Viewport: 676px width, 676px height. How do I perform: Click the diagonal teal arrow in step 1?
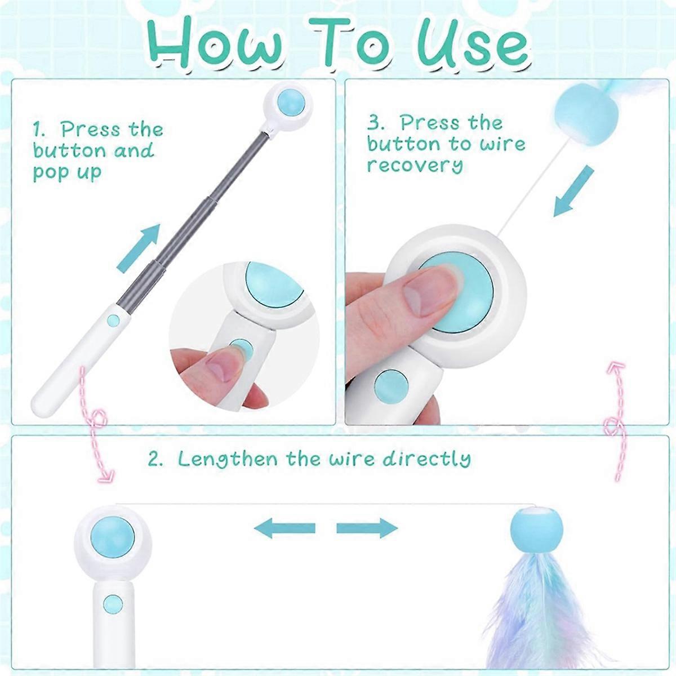pos(138,247)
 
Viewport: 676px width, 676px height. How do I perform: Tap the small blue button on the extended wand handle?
pos(114,319)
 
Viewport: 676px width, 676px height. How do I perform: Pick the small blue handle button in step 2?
pos(113,604)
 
